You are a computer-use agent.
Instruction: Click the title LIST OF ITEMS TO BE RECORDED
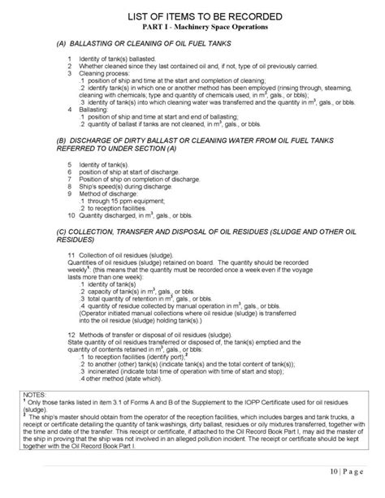click(192, 17)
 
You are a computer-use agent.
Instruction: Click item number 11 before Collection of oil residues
click(71, 254)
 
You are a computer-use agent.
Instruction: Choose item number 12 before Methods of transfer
click(71, 335)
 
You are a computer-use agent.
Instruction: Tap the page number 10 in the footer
click(335, 470)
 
